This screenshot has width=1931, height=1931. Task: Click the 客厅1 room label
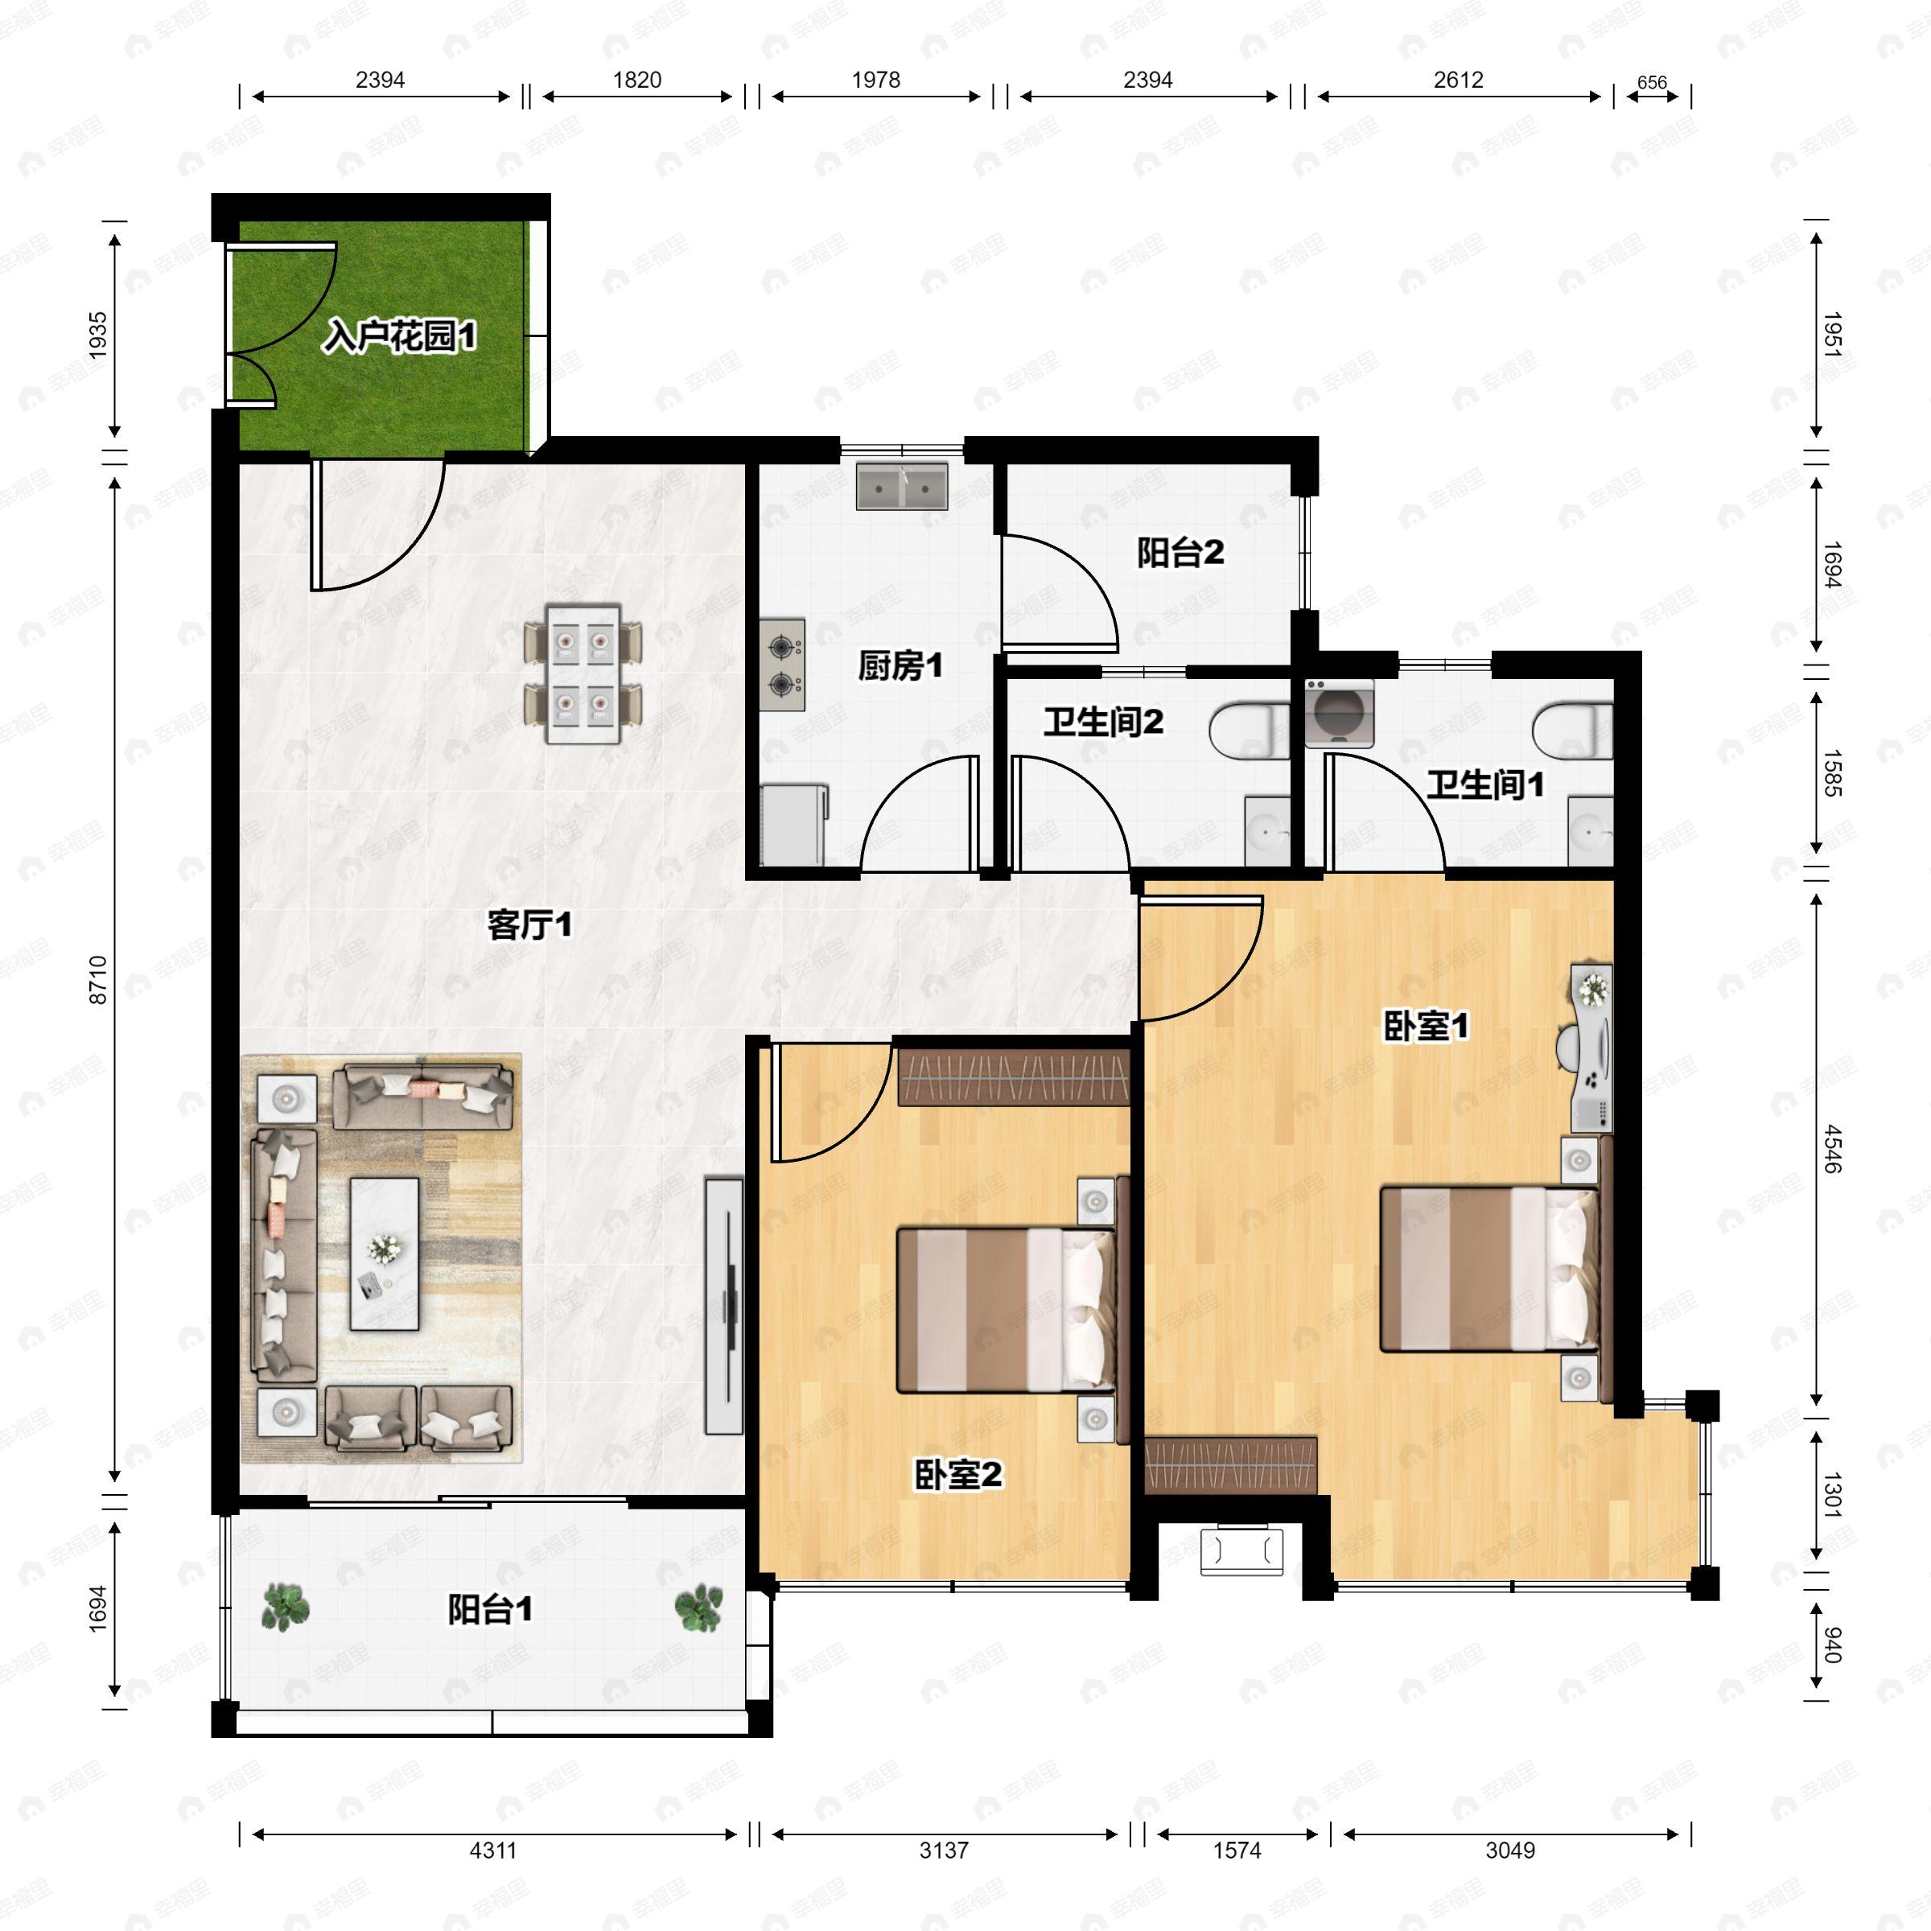(x=529, y=924)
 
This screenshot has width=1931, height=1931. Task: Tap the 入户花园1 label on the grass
(x=399, y=336)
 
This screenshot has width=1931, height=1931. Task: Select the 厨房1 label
(x=900, y=665)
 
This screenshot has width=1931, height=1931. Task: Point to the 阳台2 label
(x=1180, y=552)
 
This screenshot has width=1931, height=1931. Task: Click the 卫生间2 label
(x=1103, y=722)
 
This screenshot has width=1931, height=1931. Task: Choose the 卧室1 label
(x=1425, y=1026)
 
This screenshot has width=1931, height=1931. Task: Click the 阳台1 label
(x=490, y=1609)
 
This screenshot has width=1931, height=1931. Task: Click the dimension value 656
(x=1652, y=83)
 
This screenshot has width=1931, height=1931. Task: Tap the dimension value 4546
(x=1832, y=1148)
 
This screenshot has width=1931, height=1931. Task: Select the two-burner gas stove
(x=781, y=665)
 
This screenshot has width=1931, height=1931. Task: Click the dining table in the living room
(x=583, y=673)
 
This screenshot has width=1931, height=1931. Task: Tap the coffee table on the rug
(x=384, y=1254)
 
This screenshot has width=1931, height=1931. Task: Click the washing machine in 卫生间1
(x=1340, y=714)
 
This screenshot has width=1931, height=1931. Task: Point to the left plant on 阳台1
(x=286, y=1609)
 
